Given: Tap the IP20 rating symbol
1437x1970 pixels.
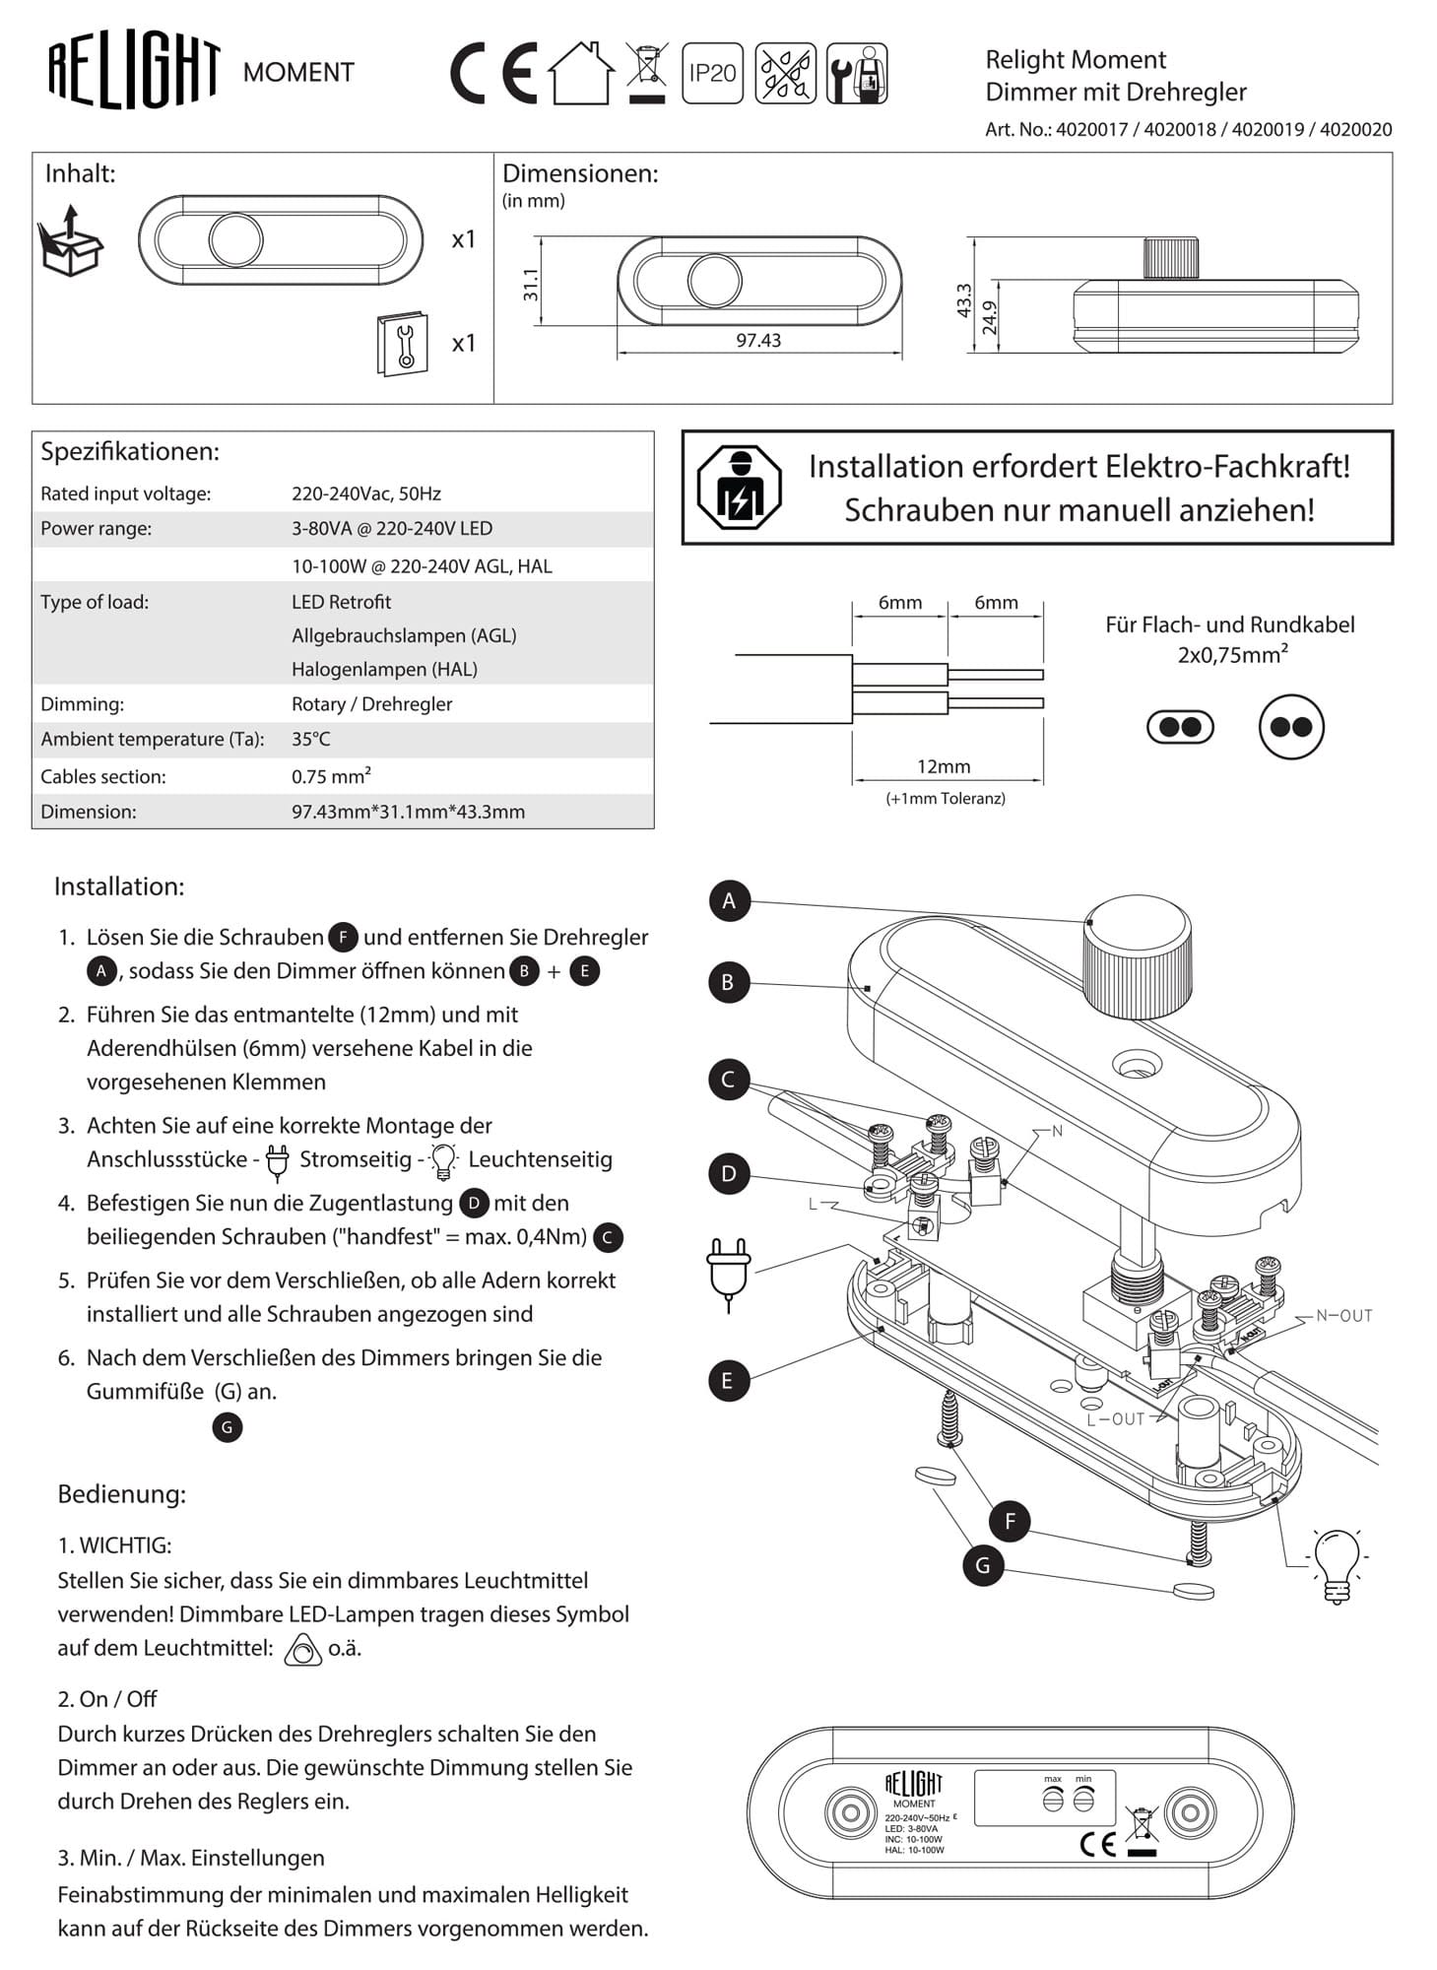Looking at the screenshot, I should (712, 73).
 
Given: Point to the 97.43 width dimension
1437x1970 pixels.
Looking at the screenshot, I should (757, 341).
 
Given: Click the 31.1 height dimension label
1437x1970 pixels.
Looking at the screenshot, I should (531, 284).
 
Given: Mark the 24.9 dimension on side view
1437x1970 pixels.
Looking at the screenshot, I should (990, 317).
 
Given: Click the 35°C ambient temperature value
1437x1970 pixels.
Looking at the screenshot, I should (311, 739).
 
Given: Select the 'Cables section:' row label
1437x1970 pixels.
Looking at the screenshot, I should (103, 776).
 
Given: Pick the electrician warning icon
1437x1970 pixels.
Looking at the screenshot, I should (740, 488).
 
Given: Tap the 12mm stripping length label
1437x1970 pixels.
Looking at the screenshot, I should (944, 766).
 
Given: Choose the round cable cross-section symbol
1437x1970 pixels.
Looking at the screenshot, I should (1291, 727).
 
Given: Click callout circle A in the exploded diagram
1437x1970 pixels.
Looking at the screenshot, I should (729, 900).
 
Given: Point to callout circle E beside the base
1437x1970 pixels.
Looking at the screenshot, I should (729, 1380).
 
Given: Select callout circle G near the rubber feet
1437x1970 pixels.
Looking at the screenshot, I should (982, 1565).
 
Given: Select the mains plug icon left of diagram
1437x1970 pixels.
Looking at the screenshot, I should (729, 1272).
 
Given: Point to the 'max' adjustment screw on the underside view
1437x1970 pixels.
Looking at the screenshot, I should (1053, 1801).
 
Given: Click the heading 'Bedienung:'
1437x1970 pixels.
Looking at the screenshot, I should (121, 1493).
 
